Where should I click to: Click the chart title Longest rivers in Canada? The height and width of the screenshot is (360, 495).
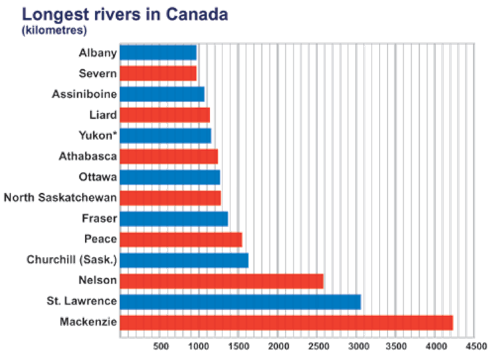pos(125,13)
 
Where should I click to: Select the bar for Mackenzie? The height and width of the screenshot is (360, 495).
pos(286,322)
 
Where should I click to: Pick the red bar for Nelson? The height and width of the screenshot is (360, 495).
pos(221,281)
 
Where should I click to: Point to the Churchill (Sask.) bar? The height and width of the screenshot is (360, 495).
pos(183,260)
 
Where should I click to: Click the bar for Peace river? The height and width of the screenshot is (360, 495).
pos(180,239)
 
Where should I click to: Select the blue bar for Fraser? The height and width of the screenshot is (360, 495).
pos(174,218)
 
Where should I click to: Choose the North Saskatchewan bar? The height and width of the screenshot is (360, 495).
pos(170,198)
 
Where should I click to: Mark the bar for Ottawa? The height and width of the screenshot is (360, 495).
pos(169,177)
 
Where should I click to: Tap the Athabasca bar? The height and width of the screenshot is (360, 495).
pos(168,156)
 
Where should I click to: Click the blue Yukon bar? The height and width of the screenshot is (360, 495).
pos(165,136)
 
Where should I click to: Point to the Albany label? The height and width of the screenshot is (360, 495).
pos(97,53)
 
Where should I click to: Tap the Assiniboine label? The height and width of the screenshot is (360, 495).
pos(84,94)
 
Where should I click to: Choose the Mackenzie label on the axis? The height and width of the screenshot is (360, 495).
pos(88,322)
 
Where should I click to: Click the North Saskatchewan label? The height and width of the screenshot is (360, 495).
pos(60,198)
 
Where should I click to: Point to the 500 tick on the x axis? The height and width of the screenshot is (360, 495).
pos(160,346)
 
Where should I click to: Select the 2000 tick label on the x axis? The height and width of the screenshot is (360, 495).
pos(279,346)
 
